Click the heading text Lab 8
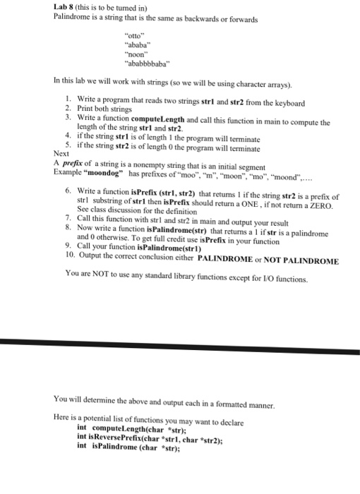point(65,7)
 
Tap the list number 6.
point(67,190)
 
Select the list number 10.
point(68,260)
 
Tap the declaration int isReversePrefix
point(128,437)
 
